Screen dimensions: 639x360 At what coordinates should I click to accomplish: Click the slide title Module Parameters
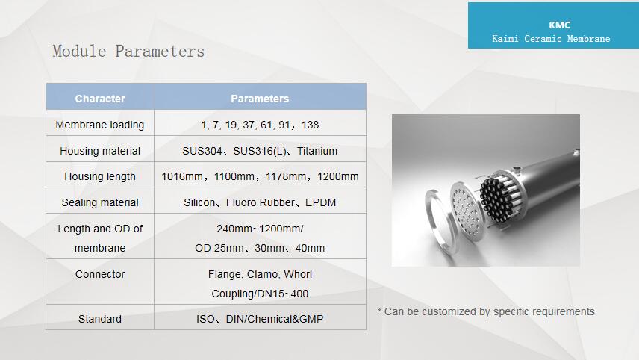click(128, 52)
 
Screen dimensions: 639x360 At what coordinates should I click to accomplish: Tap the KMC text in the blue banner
click(560, 25)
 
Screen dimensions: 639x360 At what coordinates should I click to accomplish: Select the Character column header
click(100, 99)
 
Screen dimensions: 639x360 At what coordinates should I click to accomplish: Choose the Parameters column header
click(260, 99)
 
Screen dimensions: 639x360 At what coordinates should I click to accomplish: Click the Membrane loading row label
click(100, 125)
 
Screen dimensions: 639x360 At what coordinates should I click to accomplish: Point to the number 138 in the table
click(310, 125)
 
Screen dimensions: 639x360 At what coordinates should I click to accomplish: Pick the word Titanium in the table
click(317, 151)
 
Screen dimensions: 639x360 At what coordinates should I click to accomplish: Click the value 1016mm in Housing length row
click(181, 176)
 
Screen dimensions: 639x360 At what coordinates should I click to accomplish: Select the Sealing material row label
click(100, 202)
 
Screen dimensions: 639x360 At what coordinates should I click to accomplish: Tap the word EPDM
click(321, 202)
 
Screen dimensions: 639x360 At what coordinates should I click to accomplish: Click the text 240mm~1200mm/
click(260, 229)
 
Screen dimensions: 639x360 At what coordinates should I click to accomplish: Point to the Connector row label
click(100, 274)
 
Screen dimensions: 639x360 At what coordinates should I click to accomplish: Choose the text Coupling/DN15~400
click(260, 294)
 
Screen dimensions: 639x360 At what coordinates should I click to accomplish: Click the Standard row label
click(100, 319)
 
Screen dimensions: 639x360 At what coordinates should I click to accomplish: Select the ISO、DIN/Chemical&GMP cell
click(260, 319)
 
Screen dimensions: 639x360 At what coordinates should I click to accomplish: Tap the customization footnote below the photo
click(486, 312)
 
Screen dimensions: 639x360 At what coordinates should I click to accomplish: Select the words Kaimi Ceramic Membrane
click(551, 39)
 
